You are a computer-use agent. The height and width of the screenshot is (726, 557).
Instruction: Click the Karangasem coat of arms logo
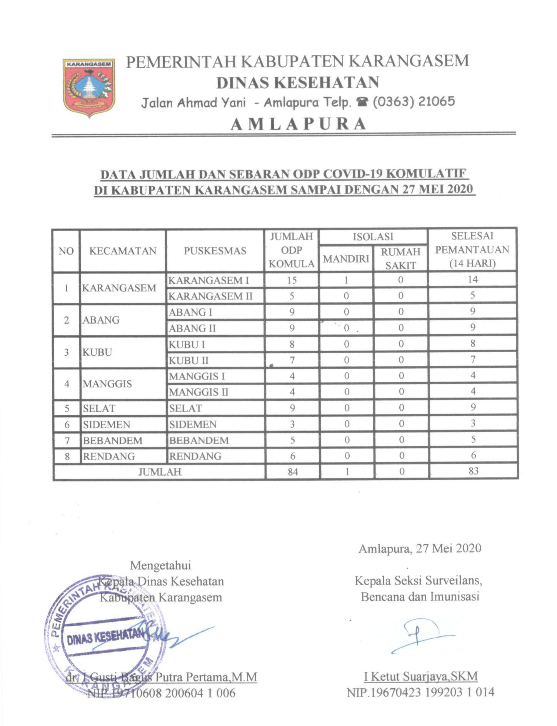click(89, 87)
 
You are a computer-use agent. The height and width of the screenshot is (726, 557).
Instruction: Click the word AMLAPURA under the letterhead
click(299, 124)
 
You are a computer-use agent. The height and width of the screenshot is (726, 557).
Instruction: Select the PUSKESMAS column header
click(215, 251)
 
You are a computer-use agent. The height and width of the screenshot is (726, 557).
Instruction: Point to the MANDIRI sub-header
click(346, 259)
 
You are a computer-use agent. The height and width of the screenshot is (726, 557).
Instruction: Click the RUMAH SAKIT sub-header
click(400, 258)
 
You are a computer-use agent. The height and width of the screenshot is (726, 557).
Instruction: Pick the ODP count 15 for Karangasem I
click(292, 280)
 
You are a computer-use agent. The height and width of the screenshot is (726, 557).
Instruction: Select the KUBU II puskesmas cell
click(189, 360)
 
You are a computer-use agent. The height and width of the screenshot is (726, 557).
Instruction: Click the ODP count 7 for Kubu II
click(292, 360)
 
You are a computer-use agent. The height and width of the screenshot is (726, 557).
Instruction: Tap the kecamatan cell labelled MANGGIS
click(107, 384)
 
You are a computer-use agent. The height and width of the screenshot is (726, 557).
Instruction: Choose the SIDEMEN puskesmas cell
click(193, 424)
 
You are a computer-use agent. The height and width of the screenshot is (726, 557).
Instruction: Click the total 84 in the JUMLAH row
click(293, 471)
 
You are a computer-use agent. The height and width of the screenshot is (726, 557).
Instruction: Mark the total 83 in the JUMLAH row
click(473, 471)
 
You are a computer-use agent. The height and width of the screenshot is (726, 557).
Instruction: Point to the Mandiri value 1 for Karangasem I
click(346, 280)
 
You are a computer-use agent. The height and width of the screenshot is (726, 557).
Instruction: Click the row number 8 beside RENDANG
click(67, 456)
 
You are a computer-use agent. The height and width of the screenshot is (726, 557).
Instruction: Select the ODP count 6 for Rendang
click(292, 456)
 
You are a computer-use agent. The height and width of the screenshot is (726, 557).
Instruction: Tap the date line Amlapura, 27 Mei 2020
click(420, 548)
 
